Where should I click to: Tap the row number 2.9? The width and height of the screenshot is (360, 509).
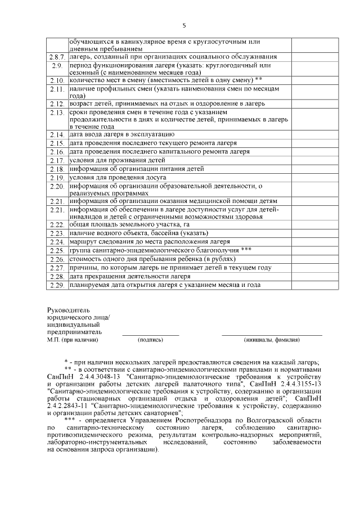point(57,66)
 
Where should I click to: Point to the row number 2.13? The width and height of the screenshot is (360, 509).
point(57,112)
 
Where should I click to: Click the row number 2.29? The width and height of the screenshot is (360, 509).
point(57,285)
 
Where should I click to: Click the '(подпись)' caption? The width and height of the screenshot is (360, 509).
point(151,340)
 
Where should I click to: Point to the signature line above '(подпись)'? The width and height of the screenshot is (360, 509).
point(151,335)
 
